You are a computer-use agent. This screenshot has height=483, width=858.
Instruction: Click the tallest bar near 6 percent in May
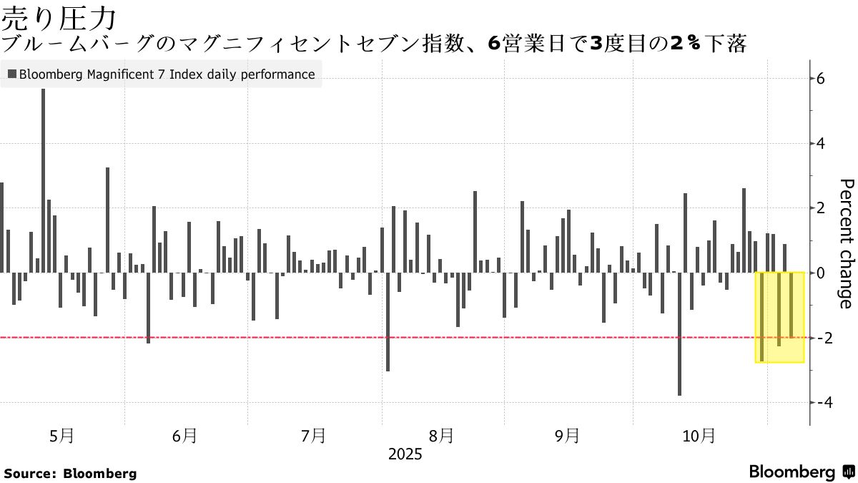click(43, 179)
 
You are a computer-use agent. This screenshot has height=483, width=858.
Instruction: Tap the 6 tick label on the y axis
click(821, 79)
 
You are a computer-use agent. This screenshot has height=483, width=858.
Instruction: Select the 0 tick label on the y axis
click(821, 273)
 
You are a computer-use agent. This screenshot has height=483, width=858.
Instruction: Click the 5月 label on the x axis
click(62, 435)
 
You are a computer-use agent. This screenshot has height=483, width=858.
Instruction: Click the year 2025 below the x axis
click(405, 454)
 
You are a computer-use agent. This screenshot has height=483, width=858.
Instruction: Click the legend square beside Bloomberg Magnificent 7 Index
click(12, 74)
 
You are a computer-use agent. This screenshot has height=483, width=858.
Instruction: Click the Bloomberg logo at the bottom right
click(801, 472)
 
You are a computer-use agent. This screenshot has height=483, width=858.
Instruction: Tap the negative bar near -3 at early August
click(388, 322)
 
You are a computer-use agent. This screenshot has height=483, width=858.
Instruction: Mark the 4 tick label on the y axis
click(821, 144)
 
